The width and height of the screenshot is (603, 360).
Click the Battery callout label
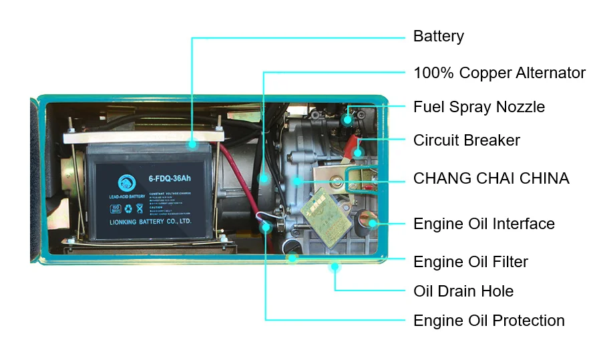438,36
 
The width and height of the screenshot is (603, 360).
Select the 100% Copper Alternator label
499,73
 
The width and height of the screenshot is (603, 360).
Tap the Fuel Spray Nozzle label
479,107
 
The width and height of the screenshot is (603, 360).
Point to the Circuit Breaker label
466,140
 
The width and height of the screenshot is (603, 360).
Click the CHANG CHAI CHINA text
491,178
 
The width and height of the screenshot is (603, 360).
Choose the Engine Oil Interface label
483,224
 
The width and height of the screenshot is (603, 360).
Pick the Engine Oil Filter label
470,262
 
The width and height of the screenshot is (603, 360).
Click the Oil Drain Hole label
463,291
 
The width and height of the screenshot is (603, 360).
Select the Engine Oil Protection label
489,321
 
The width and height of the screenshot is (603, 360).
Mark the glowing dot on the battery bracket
192,142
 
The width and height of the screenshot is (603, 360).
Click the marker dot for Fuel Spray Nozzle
347,120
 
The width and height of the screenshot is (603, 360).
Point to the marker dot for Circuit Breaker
358,153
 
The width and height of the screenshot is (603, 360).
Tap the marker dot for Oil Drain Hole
335,267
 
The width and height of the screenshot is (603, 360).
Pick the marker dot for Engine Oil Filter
292,257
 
